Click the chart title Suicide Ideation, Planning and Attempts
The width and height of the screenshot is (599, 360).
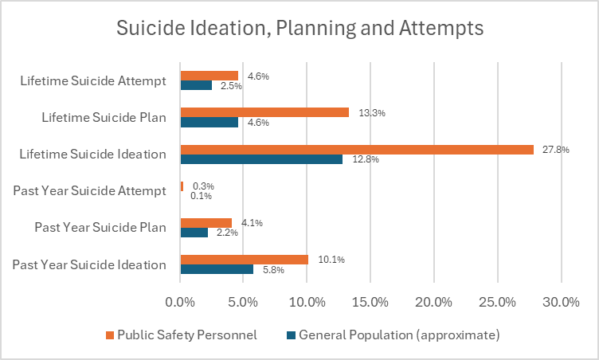pyautogui.click(x=299, y=29)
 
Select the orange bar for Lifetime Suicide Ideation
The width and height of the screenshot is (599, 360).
pyautogui.click(x=357, y=149)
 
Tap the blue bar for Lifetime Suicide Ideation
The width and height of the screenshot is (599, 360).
pyautogui.click(x=261, y=158)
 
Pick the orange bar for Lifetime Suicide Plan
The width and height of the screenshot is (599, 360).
pyautogui.click(x=264, y=112)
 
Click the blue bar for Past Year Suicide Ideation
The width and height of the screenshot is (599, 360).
pyautogui.click(x=217, y=269)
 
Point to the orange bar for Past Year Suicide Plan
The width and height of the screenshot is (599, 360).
pyautogui.click(x=206, y=223)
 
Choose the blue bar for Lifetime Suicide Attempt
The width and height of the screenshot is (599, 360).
pyautogui.click(x=196, y=85)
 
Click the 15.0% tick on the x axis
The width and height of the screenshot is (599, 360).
pyautogui.click(x=370, y=303)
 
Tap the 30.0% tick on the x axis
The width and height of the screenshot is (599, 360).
pyautogui.click(x=561, y=303)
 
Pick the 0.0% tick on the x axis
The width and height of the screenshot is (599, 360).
pyautogui.click(x=180, y=303)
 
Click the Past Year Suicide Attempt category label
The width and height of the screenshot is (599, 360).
pyautogui.click(x=89, y=190)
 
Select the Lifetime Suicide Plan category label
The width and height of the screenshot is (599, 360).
pyautogui.click(x=104, y=117)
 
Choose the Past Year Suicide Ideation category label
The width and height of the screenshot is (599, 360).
pyautogui.click(x=89, y=264)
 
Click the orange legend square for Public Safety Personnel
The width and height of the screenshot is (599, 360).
pyautogui.click(x=110, y=335)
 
